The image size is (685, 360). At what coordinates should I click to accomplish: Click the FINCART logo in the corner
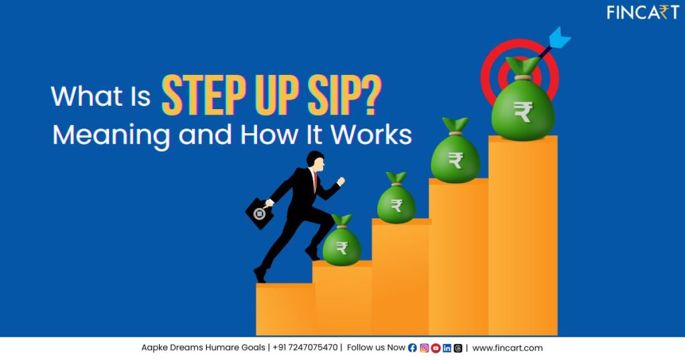pyautogui.click(x=642, y=12)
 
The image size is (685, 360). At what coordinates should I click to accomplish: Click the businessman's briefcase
pyautogui.click(x=260, y=212)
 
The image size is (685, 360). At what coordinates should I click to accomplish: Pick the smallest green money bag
pyautogui.click(x=342, y=244)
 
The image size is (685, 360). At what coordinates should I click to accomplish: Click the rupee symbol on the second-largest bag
pyautogui.click(x=456, y=160)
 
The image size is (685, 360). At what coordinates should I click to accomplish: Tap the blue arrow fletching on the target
pyautogui.click(x=559, y=36)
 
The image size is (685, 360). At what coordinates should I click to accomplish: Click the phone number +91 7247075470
pyautogui.click(x=305, y=348)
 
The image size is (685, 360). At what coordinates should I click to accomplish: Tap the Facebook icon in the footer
pyautogui.click(x=412, y=348)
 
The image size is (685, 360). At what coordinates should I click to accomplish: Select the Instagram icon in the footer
pyautogui.click(x=424, y=348)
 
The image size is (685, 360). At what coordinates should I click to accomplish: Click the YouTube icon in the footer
pyautogui.click(x=435, y=348)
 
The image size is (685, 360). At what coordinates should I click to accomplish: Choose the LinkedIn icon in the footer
pyautogui.click(x=447, y=348)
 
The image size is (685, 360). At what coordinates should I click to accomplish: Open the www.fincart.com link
pyautogui.click(x=508, y=348)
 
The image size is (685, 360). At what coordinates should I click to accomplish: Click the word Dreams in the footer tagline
pyautogui.click(x=188, y=348)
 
